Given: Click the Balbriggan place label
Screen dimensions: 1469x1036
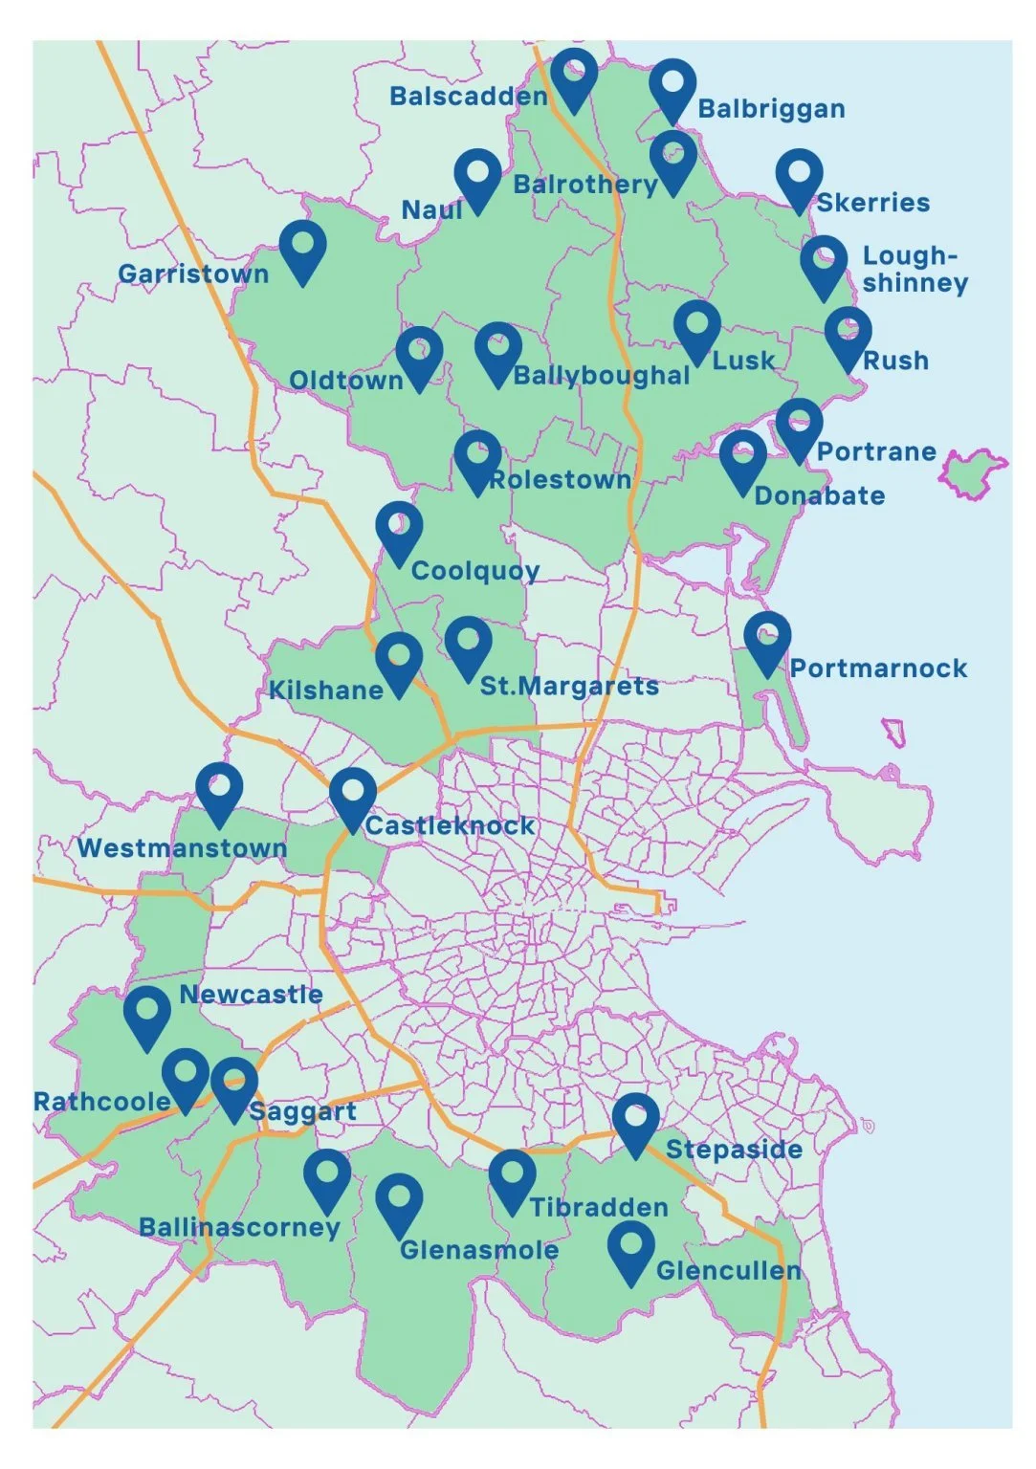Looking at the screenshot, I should coord(771,109).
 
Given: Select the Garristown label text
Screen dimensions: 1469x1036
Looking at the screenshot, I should coord(193,274).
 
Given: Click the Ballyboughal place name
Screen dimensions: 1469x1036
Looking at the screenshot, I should coord(601,376).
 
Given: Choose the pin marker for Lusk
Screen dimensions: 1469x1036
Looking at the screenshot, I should coord(696,327).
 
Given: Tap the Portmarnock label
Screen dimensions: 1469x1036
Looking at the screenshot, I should coord(878,669).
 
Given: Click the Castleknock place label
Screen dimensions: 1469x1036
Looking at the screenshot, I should coord(450,826).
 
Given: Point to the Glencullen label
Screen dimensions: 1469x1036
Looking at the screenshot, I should coord(728,1271).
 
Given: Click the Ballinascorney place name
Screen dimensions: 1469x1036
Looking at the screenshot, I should coord(239,1228).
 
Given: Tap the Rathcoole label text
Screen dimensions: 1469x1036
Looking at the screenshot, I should coord(101,1102).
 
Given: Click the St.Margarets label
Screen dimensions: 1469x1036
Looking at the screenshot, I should coord(569,687).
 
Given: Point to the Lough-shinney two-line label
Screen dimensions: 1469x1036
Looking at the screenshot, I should coord(915,270).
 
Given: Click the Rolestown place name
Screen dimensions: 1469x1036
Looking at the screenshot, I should coord(560,480).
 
